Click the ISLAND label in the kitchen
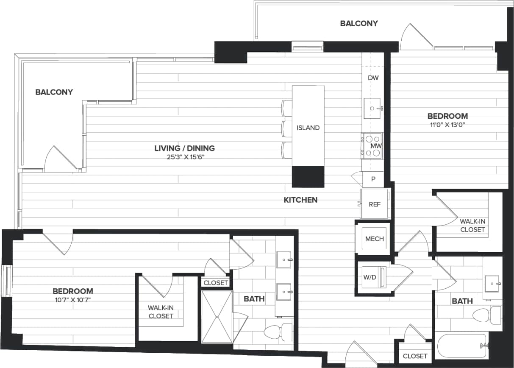pyautogui.click(x=308, y=128)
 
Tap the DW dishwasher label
pyautogui.click(x=373, y=78)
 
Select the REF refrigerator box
pyautogui.click(x=374, y=204)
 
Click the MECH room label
pyautogui.click(x=375, y=239)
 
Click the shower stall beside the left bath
pyautogui.click(x=217, y=316)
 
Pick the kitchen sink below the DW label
pyautogui.click(x=372, y=109)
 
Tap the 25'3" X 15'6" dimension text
pyautogui.click(x=184, y=157)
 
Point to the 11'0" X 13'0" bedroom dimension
pyautogui.click(x=447, y=125)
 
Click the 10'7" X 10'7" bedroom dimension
pyautogui.click(x=72, y=300)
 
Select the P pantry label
pyautogui.click(x=373, y=179)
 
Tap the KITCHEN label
pyautogui.click(x=300, y=200)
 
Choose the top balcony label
pyautogui.click(x=358, y=23)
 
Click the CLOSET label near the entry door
pyautogui.click(x=415, y=356)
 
